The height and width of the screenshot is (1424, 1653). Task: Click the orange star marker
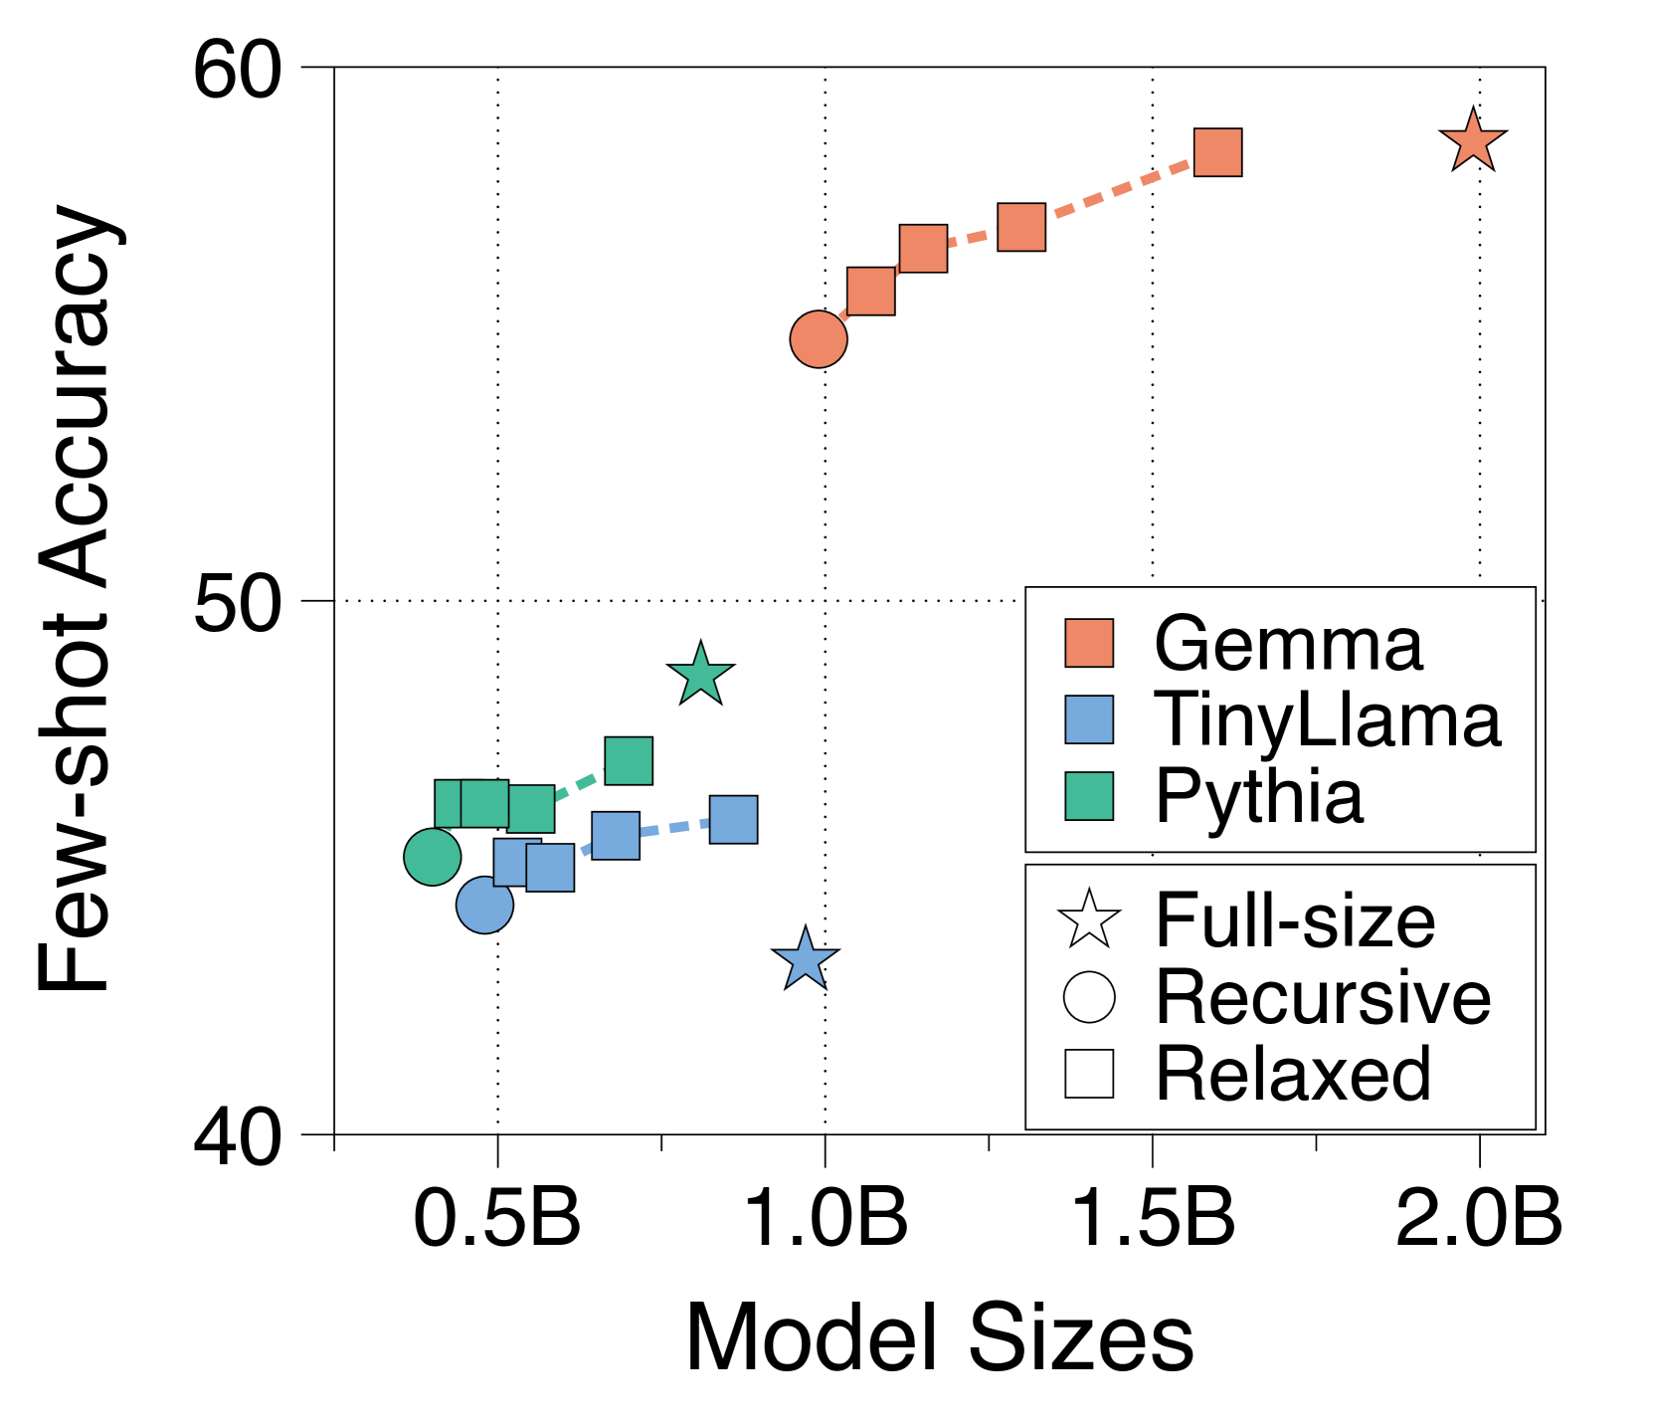coord(1472,141)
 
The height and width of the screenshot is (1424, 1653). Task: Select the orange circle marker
coord(819,339)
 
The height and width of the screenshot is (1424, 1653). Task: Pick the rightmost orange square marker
coord(1217,152)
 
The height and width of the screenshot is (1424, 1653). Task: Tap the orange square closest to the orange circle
coord(870,291)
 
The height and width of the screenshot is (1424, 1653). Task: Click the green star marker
coord(701,675)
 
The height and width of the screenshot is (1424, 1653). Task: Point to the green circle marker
coord(433,857)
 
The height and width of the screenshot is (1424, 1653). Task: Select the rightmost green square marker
coord(629,761)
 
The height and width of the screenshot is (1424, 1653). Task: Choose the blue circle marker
coord(484,906)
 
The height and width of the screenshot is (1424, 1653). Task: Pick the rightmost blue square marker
coord(734,820)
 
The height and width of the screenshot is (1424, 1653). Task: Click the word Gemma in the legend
coord(1288,644)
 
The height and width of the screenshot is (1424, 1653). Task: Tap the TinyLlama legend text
coord(1327,719)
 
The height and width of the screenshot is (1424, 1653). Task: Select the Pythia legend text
coord(1259,796)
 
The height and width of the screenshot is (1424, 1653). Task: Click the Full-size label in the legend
coord(1295,920)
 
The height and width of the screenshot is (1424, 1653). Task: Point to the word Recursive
coord(1323,997)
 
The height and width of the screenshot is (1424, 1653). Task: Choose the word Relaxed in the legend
coord(1293,1074)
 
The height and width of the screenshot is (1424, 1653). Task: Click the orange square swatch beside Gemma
coord(1089,643)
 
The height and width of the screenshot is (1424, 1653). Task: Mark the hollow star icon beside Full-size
coord(1089,920)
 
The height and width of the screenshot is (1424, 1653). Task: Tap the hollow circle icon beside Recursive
coord(1089,997)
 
